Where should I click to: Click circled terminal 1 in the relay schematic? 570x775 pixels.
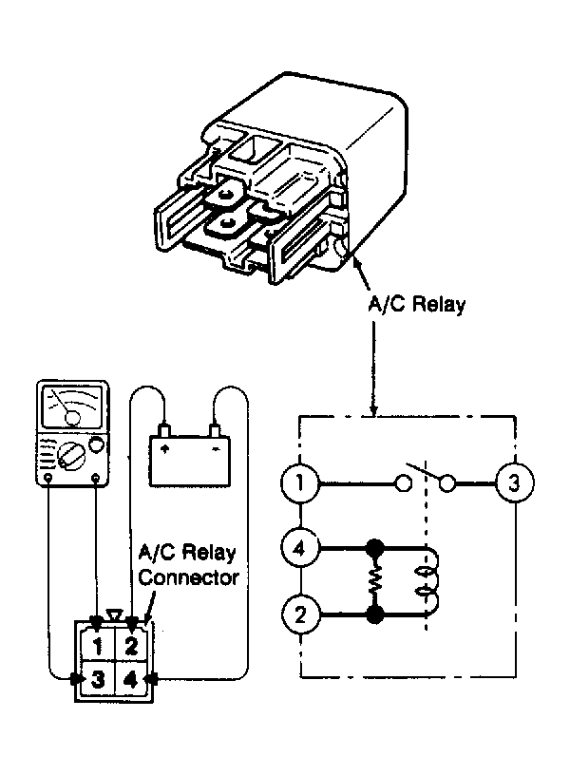tap(300, 482)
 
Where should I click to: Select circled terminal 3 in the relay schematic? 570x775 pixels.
tap(515, 482)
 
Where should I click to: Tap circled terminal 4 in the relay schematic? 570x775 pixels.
tap(300, 548)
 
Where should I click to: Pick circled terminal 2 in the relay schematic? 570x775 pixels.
tap(300, 614)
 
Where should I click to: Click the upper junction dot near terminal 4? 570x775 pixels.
tap(374, 548)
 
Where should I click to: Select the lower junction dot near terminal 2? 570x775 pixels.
tap(374, 614)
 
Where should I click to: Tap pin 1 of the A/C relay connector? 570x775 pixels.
tap(98, 645)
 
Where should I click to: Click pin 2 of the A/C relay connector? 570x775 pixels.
tap(130, 645)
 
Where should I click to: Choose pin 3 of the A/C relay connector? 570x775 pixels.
tap(98, 680)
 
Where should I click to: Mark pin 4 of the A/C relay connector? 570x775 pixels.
tap(130, 680)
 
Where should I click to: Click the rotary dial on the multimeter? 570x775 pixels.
tap(69, 455)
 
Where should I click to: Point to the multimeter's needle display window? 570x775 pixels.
tap(72, 406)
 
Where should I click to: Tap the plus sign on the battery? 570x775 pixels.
tap(166, 448)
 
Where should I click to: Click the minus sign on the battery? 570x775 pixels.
tap(216, 449)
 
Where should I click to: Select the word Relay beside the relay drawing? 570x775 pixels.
tap(439, 304)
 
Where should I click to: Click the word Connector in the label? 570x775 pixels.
tap(189, 577)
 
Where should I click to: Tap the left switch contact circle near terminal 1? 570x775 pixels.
tap(404, 482)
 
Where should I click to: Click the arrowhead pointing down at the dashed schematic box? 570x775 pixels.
tap(373, 410)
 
